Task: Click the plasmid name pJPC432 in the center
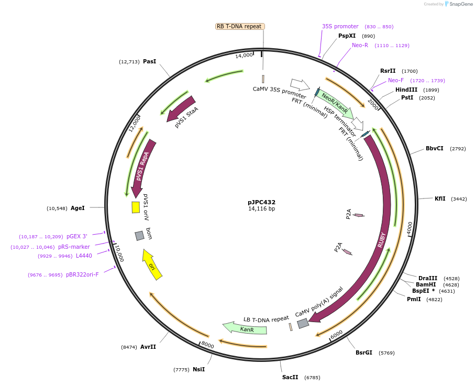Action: pyautogui.click(x=261, y=202)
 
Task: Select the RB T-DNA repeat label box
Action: pyautogui.click(x=239, y=26)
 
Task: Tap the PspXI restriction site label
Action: pyautogui.click(x=347, y=36)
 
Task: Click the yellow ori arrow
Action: pyautogui.click(x=152, y=265)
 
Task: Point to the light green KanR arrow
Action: pyautogui.click(x=245, y=329)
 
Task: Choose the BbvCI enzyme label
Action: pyautogui.click(x=434, y=148)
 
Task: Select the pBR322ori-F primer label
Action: pyautogui.click(x=82, y=274)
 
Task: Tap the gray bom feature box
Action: pyautogui.click(x=139, y=236)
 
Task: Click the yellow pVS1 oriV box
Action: pyautogui.click(x=136, y=207)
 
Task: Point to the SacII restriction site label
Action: pyautogui.click(x=290, y=377)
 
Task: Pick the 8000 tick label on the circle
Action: pyautogui.click(x=207, y=345)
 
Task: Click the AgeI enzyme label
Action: pyautogui.click(x=78, y=208)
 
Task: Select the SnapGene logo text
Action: pyautogui.click(x=459, y=4)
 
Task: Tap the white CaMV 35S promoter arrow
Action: pyautogui.click(x=300, y=84)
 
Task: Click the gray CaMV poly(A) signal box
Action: pyautogui.click(x=303, y=324)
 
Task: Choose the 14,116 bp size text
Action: pyautogui.click(x=261, y=209)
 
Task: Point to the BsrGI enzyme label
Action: pyautogui.click(x=364, y=352)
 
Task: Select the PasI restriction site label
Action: pyautogui.click(x=149, y=61)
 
